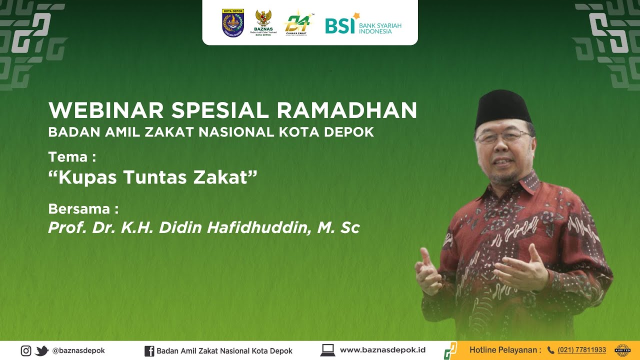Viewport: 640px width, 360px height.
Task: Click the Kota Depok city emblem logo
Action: (x=232, y=22)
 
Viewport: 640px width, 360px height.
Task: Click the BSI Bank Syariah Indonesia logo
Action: (x=363, y=23)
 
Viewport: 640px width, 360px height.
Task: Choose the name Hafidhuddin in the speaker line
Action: (x=259, y=228)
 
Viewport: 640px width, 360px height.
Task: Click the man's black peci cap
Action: (x=502, y=107)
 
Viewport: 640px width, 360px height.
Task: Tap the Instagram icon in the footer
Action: (x=26, y=350)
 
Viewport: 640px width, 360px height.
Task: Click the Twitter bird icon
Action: (x=42, y=350)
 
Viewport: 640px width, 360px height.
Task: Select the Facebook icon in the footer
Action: (x=149, y=350)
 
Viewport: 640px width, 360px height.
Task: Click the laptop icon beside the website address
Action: (x=327, y=350)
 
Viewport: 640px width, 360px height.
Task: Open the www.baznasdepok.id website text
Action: (x=382, y=350)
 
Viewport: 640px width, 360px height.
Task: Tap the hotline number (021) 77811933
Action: (x=581, y=350)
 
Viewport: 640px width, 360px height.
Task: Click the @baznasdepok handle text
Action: (x=78, y=350)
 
